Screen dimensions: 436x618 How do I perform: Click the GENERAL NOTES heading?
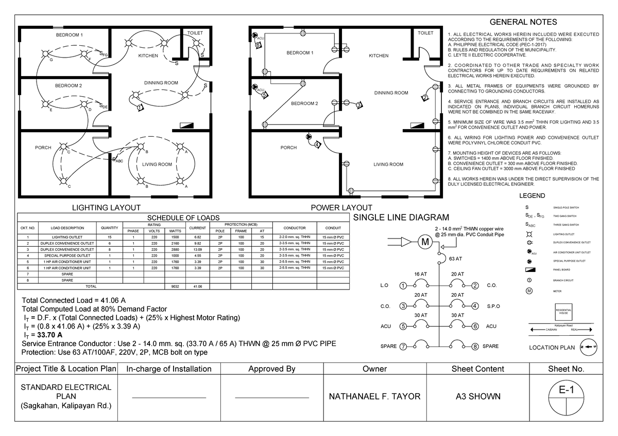click(523, 22)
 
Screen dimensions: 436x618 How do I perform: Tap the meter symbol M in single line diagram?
click(425, 242)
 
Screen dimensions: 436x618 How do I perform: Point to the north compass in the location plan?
click(589, 347)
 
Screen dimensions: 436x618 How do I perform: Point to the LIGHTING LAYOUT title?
click(106, 207)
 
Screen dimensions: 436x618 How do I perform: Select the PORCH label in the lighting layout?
click(43, 148)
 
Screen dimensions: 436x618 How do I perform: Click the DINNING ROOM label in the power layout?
click(391, 93)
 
